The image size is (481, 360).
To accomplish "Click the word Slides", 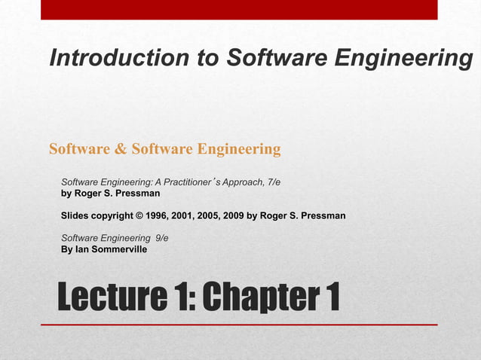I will [75, 216].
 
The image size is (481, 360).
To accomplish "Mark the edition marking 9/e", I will [161, 238].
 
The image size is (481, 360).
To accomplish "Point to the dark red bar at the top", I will [239, 9].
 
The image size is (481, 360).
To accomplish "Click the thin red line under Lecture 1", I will [239, 324].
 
